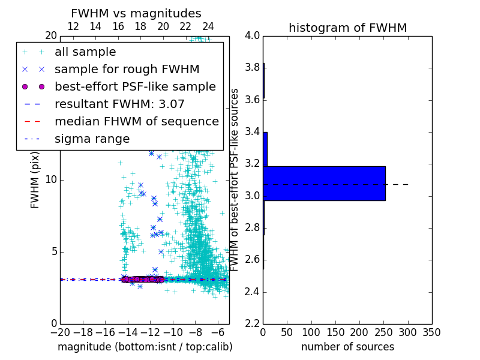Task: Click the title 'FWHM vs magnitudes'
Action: (x=136, y=13)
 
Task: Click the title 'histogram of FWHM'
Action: (x=347, y=28)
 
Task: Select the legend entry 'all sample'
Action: (x=85, y=52)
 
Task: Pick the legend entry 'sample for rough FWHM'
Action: (x=127, y=69)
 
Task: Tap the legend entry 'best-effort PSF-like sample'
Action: (x=135, y=86)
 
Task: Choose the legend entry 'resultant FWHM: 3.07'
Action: (x=119, y=104)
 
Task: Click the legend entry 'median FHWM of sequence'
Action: (x=136, y=121)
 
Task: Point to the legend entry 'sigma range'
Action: (x=92, y=139)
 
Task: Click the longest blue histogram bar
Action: (x=325, y=184)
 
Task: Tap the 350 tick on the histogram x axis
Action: (x=431, y=332)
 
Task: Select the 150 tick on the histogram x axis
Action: (x=335, y=332)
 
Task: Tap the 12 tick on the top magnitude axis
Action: (x=73, y=26)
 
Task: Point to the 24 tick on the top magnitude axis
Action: (x=208, y=26)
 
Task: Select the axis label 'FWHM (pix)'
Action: (x=35, y=179)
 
